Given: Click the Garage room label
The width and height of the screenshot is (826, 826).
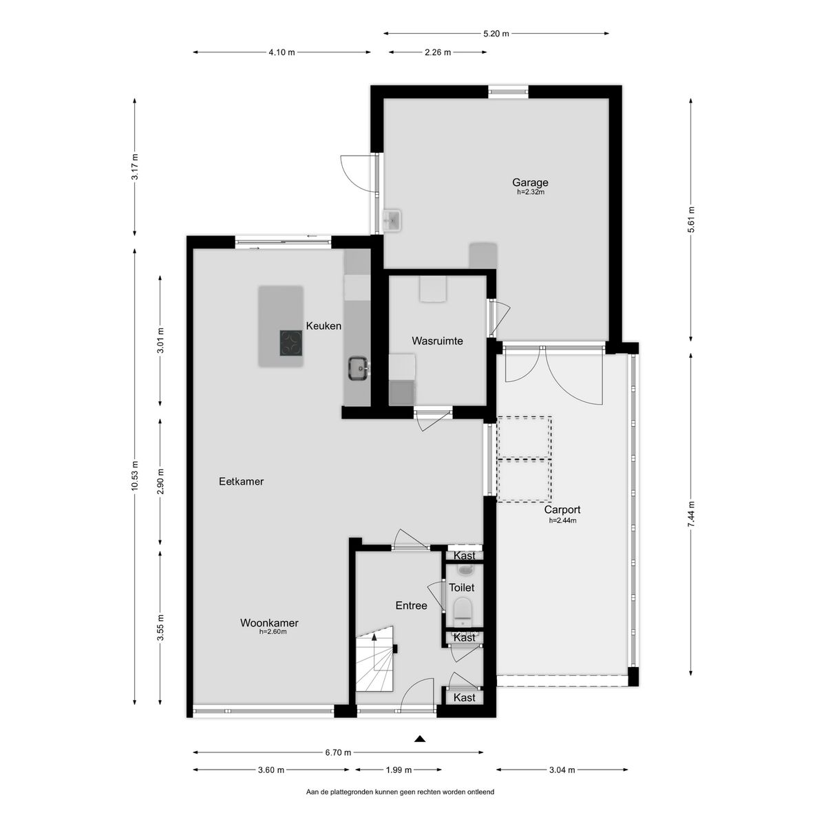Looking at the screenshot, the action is click(x=530, y=182).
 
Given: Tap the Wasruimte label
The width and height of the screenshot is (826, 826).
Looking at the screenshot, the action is click(x=437, y=341).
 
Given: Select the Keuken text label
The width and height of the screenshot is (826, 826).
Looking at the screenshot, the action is click(x=324, y=326).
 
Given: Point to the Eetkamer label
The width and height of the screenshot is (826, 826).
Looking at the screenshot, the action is click(x=241, y=481).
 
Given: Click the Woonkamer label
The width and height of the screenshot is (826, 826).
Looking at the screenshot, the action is click(x=269, y=623).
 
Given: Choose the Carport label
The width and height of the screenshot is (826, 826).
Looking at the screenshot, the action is click(x=562, y=509).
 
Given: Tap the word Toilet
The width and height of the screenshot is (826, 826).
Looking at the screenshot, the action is click(x=462, y=588).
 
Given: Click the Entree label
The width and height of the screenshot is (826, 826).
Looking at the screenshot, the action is click(x=411, y=606).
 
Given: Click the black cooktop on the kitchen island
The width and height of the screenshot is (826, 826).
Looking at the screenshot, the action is click(x=291, y=343).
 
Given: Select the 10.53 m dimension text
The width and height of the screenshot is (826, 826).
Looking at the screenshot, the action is click(x=135, y=476).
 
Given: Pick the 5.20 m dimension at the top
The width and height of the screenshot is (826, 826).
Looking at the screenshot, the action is click(x=496, y=34).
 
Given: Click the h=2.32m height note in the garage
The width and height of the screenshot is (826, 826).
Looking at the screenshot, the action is click(x=530, y=193).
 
